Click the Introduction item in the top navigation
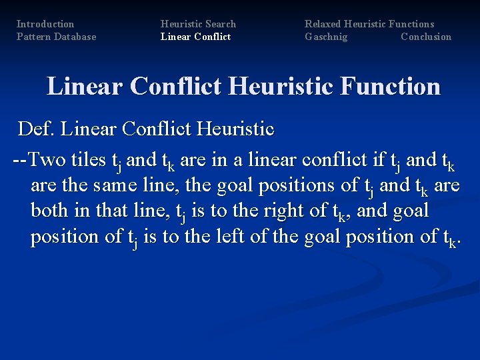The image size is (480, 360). coord(45,24)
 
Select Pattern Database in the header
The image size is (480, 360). coord(56,37)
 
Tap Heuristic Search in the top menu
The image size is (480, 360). coord(198,24)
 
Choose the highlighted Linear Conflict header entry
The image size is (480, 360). coord(195,37)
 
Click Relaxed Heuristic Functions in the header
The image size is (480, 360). coord(369,24)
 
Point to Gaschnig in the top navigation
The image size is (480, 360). coord(326,37)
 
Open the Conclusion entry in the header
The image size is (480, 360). coord(425,37)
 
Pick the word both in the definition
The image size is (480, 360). coord(51,211)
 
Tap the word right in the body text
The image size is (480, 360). coord(288,211)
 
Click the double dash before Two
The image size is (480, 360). coord(20,160)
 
